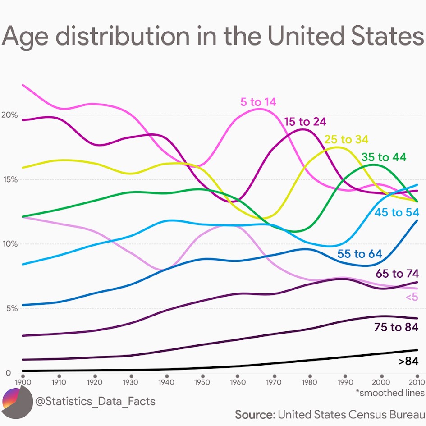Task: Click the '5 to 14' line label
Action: tap(258, 102)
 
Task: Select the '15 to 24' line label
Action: tap(305, 121)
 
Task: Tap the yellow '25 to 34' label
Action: tap(346, 139)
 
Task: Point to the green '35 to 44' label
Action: tap(384, 157)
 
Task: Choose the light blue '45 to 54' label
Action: tap(397, 212)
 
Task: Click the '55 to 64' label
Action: tap(359, 254)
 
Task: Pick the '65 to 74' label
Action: tap(397, 274)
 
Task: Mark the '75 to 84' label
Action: tap(396, 327)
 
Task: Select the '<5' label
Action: tap(412, 297)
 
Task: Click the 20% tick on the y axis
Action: tap(9, 115)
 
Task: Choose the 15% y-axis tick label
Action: tap(9, 179)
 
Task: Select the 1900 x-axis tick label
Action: tap(23, 382)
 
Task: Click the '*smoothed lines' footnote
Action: tap(389, 393)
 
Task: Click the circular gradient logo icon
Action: tap(17, 402)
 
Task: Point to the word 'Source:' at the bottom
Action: tap(255, 414)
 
